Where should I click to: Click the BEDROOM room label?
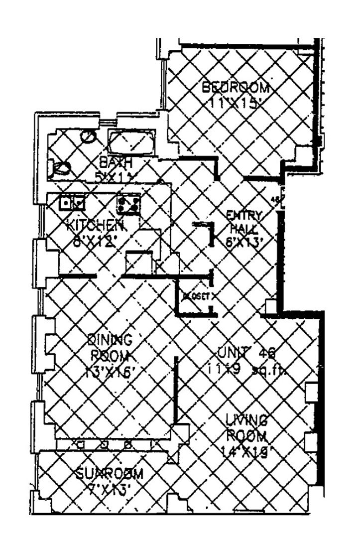tap(235, 88)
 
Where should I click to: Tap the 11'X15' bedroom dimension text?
tap(236, 104)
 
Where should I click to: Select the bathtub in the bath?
tap(132, 141)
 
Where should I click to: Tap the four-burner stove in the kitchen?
tap(128, 203)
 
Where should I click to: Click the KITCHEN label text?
tap(95, 225)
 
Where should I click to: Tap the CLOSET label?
tap(198, 295)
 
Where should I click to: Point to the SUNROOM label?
tap(110, 474)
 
